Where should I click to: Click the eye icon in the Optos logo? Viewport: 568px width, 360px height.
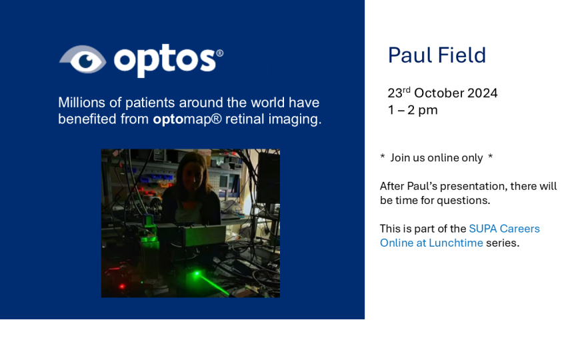[x=83, y=59]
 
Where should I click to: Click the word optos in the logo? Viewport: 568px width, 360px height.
[x=165, y=61]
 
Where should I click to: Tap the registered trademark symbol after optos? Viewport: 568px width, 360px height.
[x=219, y=53]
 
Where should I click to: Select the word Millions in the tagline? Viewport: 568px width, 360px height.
[x=81, y=103]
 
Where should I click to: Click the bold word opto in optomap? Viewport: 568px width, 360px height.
[x=168, y=119]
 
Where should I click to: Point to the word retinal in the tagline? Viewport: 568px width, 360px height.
[x=245, y=119]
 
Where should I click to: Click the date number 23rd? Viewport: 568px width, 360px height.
[x=399, y=93]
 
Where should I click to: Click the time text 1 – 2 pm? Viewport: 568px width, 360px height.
[x=413, y=110]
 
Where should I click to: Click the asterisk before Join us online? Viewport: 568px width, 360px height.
[x=383, y=157]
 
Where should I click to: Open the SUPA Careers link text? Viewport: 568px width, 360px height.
[x=504, y=229]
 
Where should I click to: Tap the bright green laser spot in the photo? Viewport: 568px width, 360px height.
[x=197, y=273]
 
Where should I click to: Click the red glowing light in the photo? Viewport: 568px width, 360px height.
[x=122, y=287]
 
